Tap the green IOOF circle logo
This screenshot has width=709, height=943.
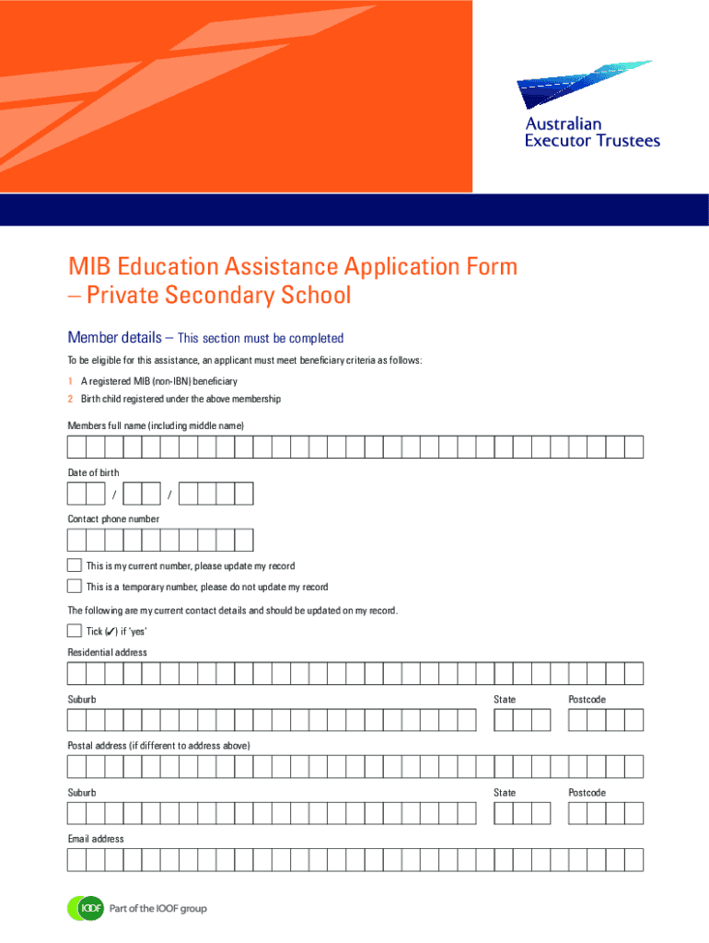(84, 908)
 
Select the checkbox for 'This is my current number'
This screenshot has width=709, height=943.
(75, 565)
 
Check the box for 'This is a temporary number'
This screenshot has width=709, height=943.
(75, 586)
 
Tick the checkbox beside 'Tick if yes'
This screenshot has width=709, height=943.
(75, 631)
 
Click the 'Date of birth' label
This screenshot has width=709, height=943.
(93, 472)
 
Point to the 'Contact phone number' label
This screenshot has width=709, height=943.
(113, 518)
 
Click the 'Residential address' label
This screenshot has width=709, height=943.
(107, 652)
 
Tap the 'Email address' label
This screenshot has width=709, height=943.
(96, 839)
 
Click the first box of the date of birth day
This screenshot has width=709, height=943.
(76, 494)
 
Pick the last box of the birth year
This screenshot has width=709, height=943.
(243, 494)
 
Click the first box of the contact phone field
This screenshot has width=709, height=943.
(76, 540)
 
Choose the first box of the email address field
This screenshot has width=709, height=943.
(76, 860)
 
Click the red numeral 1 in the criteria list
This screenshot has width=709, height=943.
(70, 381)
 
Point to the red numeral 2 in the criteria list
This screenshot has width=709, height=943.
(70, 399)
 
